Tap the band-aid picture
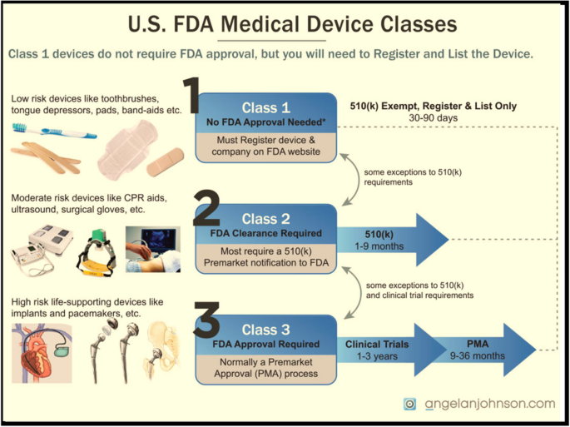point(165,161)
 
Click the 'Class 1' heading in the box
point(266,108)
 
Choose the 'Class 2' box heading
point(265,220)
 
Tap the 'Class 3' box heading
point(265,330)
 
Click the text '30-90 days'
point(433,118)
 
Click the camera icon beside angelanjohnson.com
point(409,404)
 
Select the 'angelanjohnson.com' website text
point(490,404)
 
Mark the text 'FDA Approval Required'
point(265,345)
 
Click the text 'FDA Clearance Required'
point(265,234)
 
